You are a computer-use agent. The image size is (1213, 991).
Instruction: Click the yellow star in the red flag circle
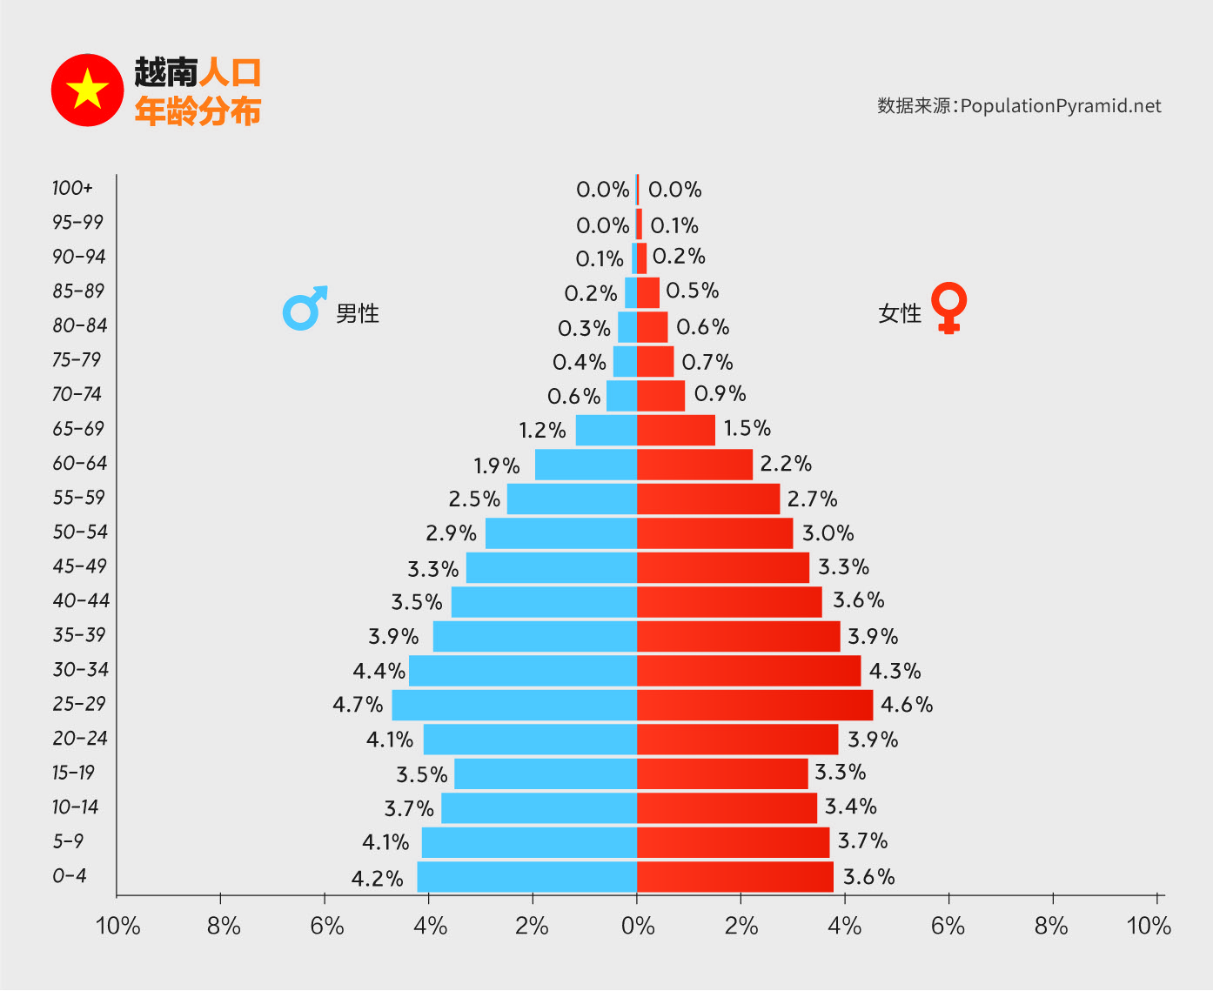(87, 90)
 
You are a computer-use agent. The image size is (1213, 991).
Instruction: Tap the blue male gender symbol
(304, 309)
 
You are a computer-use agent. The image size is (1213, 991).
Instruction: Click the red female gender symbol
(948, 307)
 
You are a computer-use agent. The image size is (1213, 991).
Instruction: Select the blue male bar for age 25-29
(514, 705)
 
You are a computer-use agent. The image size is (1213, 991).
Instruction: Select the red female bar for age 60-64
(694, 465)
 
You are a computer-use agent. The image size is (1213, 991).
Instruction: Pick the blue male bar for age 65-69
(606, 430)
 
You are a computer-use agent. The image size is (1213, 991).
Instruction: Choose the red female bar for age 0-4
(734, 877)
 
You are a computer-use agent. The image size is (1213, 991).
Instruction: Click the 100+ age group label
(72, 189)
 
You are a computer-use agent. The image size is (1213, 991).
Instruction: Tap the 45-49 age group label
(79, 566)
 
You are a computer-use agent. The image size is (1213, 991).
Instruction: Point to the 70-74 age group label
(77, 394)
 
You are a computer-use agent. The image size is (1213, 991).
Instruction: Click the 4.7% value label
(358, 705)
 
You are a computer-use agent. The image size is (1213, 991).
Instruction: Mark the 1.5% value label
(747, 428)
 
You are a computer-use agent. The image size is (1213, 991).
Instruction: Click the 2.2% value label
(786, 464)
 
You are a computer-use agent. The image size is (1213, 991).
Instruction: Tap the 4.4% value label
(379, 672)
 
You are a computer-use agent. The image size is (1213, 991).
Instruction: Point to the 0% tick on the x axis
(638, 926)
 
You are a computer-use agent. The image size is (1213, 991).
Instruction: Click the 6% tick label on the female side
(948, 926)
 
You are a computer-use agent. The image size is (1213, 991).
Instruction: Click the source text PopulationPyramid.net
(1061, 106)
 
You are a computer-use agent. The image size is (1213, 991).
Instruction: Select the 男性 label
(358, 313)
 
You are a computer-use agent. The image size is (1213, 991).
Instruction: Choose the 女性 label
(899, 313)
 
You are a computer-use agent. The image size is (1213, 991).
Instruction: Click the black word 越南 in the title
(165, 73)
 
